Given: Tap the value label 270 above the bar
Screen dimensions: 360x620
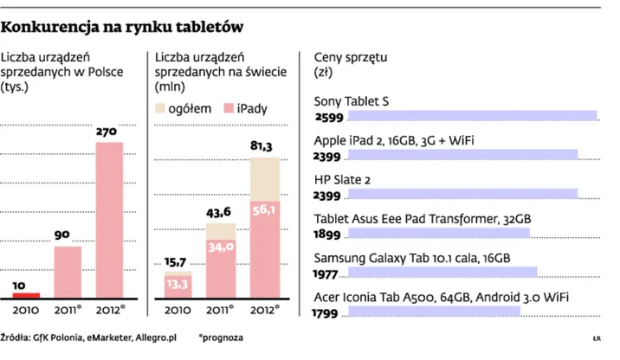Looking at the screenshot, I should point(108,132).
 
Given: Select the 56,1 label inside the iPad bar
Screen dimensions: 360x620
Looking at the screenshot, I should point(264,209).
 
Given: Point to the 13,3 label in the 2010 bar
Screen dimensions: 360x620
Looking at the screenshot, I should point(178,283).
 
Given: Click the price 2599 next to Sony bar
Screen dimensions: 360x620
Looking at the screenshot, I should point(329,117).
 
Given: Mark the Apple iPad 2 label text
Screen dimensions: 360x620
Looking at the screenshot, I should point(393,140).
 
